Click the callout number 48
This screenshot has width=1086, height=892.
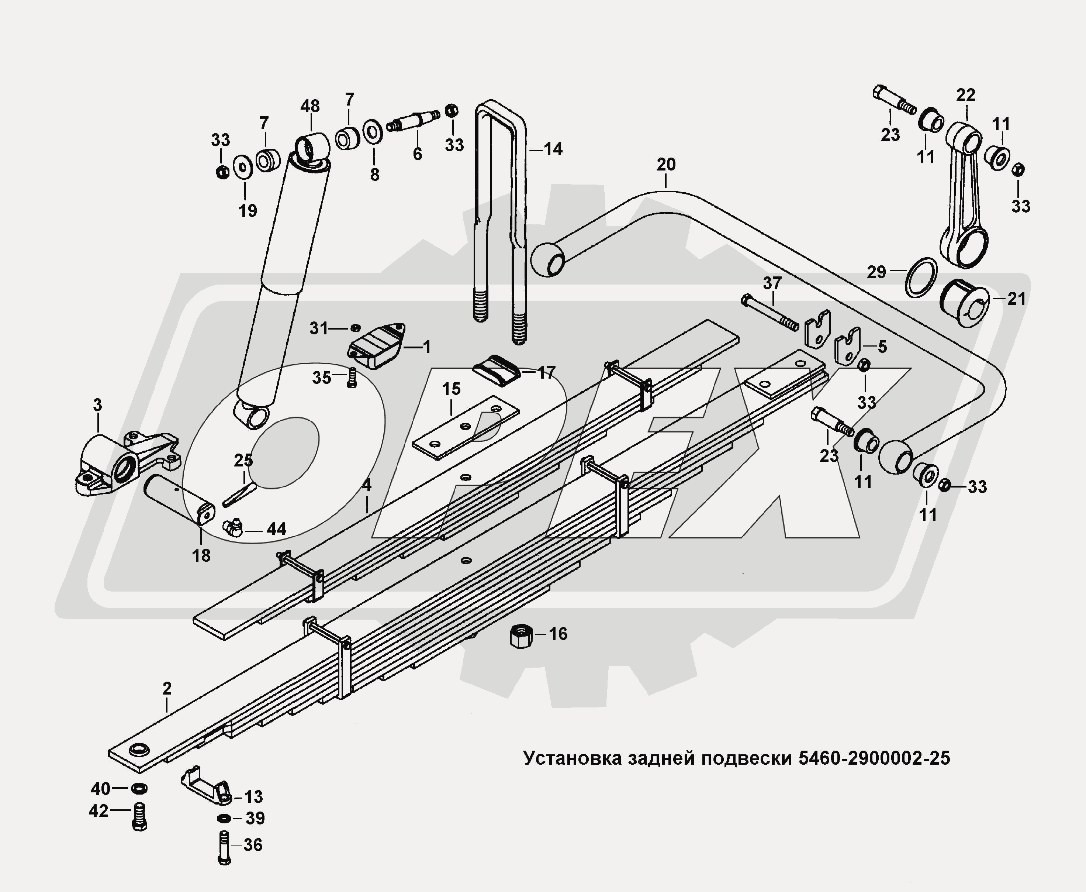coord(309,107)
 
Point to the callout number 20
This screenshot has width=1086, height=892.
coord(666,165)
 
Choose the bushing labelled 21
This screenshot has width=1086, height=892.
coord(964,303)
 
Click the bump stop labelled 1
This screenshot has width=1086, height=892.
coord(376,345)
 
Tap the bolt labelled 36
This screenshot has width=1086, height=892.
coord(224,847)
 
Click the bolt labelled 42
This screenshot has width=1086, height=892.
coord(139,816)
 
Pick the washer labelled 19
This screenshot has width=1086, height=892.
coord(242,166)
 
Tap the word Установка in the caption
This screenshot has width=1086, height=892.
coord(571,758)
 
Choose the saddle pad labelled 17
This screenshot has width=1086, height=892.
coord(495,370)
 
